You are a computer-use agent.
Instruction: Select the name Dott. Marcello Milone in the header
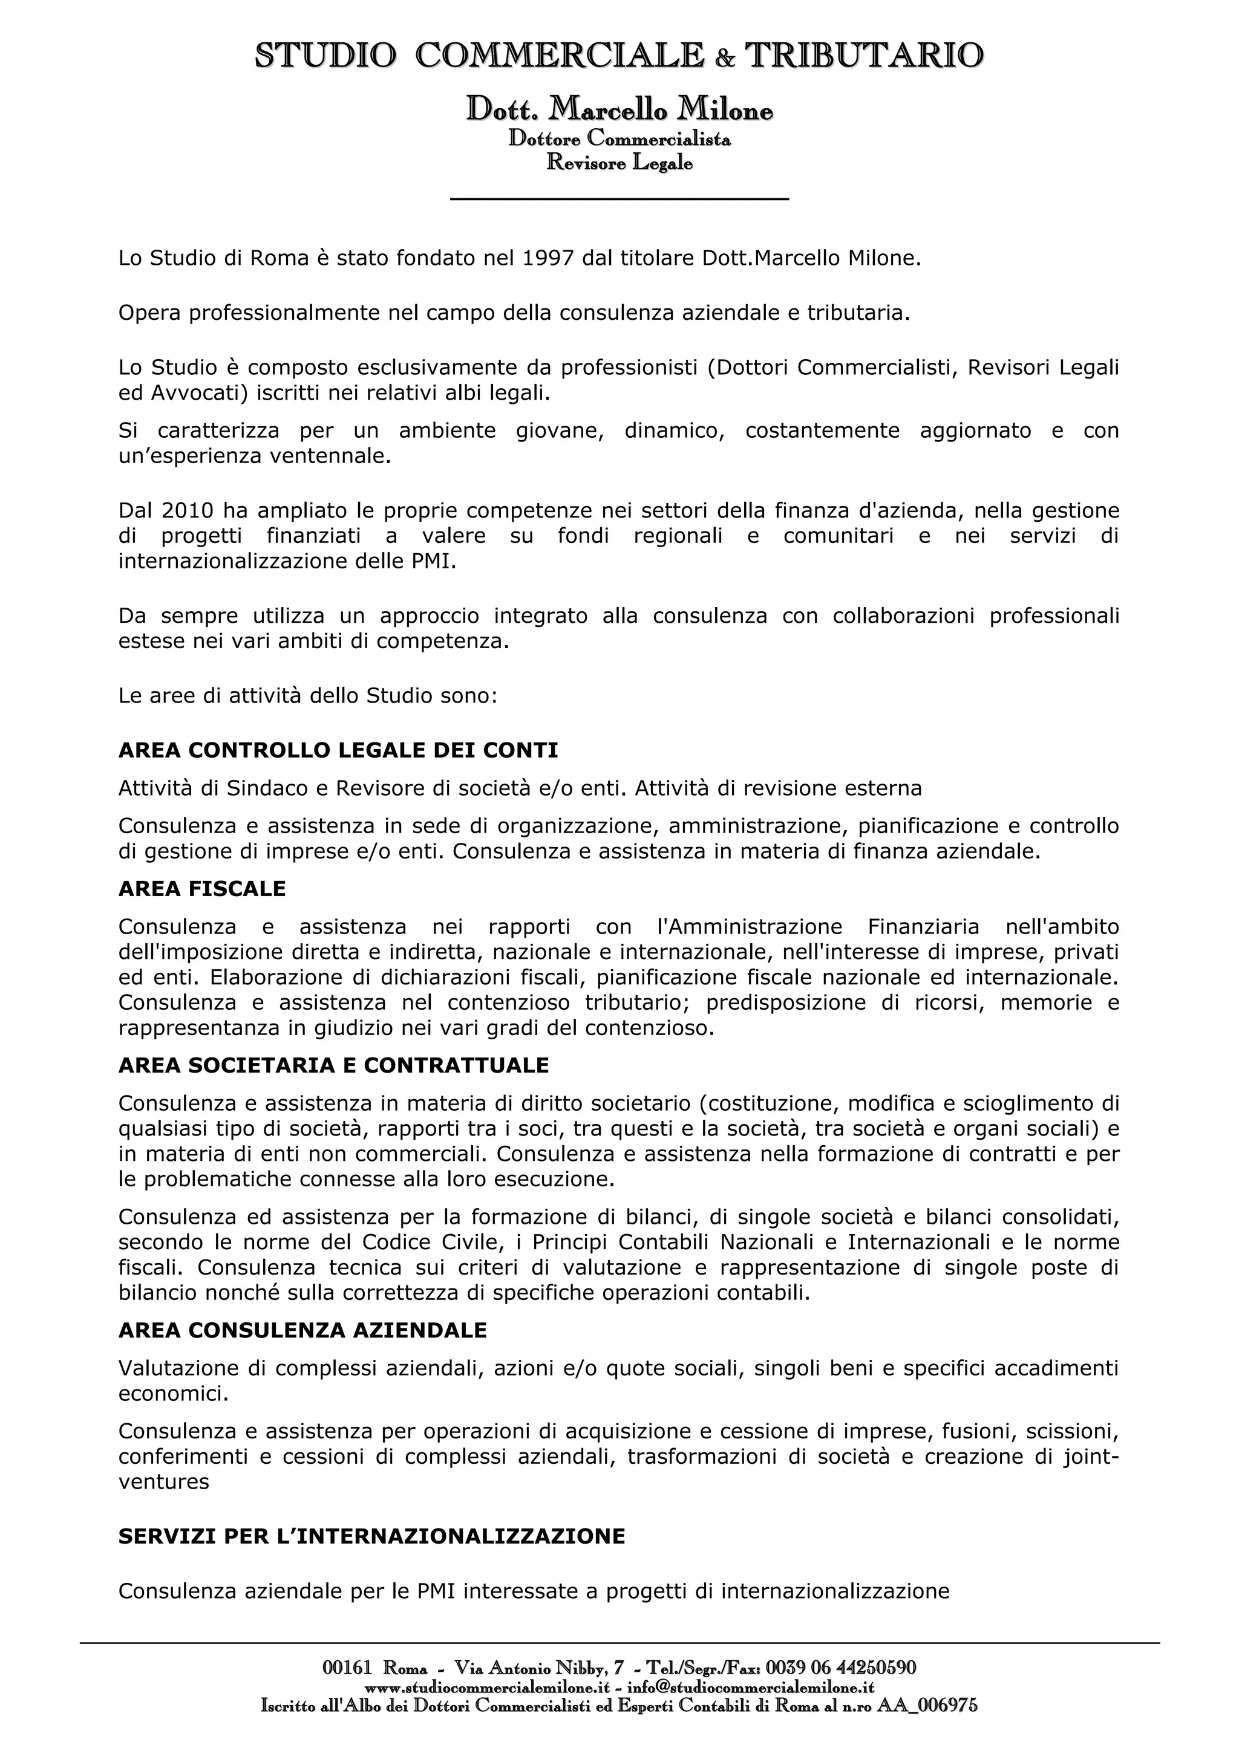tap(619, 111)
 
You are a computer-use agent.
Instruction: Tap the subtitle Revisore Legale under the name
tap(619, 163)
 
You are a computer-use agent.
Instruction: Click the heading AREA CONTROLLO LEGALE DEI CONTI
tap(338, 750)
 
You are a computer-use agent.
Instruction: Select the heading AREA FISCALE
tap(202, 888)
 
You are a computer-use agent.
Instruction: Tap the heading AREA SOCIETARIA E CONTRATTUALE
tap(333, 1065)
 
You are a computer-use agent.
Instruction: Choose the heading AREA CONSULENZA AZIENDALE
tap(302, 1331)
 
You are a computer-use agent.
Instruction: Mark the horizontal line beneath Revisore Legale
tap(619, 200)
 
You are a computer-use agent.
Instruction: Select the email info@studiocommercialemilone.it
tap(751, 1689)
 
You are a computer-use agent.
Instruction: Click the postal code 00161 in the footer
tap(347, 1668)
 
